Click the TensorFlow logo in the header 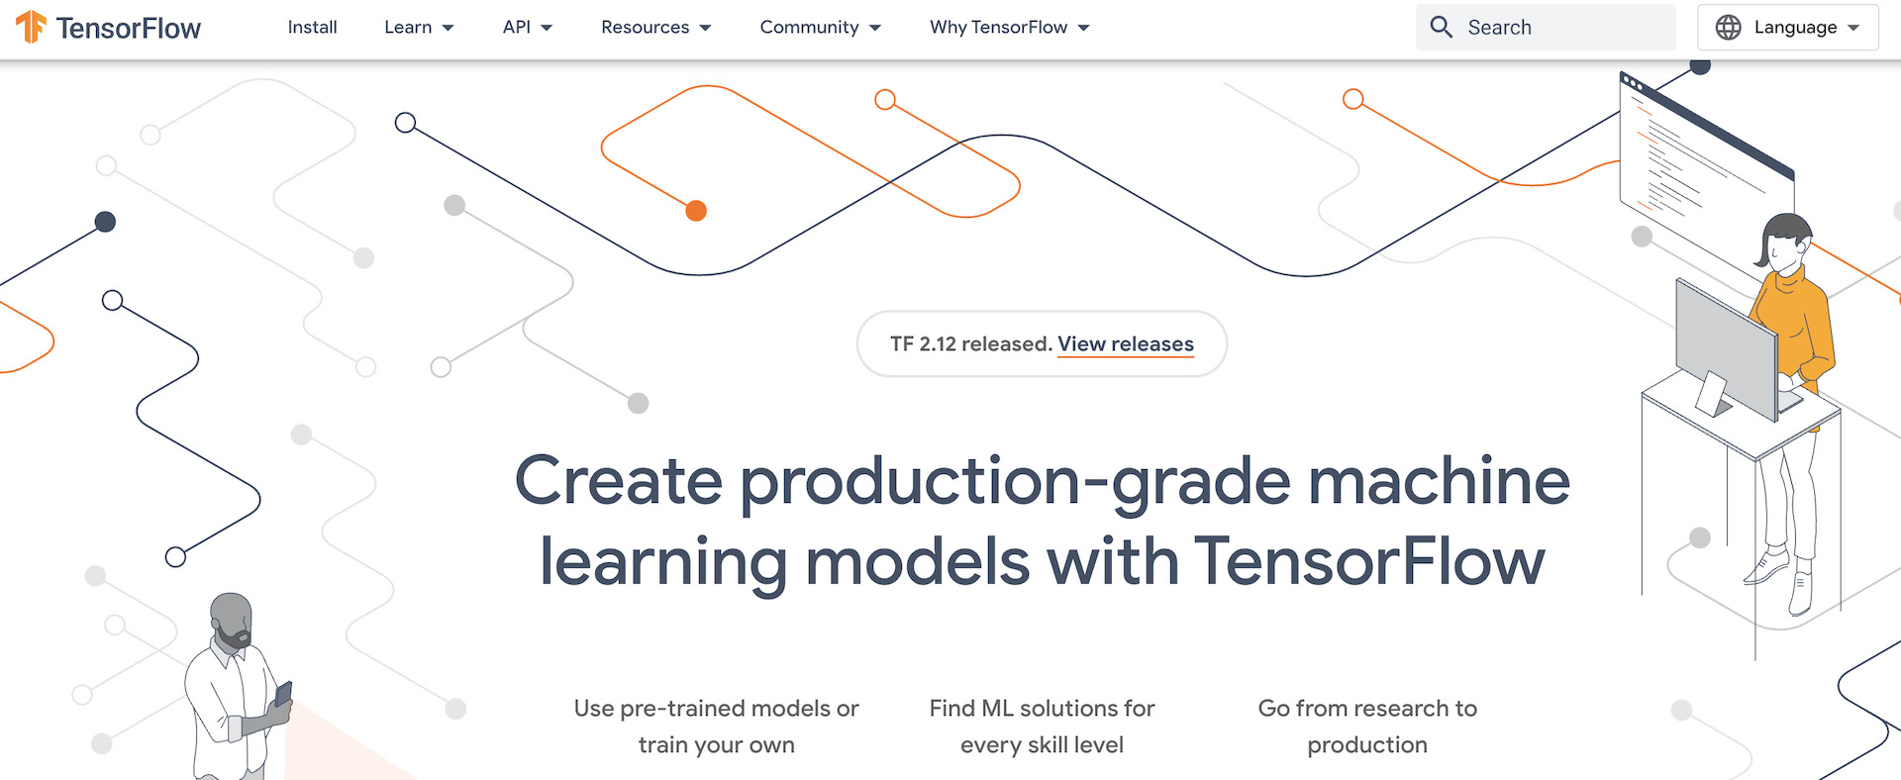pos(108,28)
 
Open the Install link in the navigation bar pos(312,28)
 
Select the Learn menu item pos(419,28)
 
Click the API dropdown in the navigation pos(528,28)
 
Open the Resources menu pos(656,28)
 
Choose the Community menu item pos(821,28)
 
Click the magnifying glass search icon pos(1442,27)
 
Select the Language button pos(1788,28)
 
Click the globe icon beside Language pos(1729,28)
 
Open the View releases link pos(1126,344)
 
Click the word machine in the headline pos(1440,481)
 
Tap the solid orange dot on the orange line pos(696,211)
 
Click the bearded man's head pos(231,620)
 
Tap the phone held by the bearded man pos(283,694)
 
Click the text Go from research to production pos(1367,727)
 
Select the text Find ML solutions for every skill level pos(1042,727)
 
